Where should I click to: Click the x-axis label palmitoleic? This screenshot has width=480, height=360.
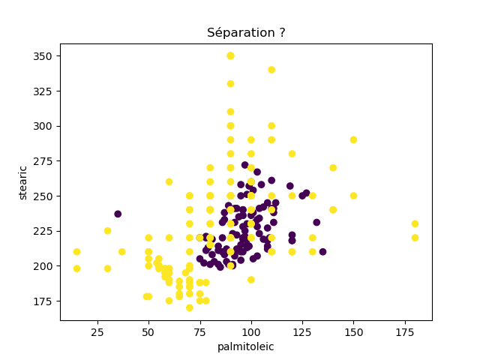(246, 346)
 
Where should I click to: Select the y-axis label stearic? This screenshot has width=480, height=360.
(23, 182)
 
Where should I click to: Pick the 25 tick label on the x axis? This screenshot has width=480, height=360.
(97, 331)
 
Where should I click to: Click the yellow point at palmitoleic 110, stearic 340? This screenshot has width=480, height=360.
(271, 70)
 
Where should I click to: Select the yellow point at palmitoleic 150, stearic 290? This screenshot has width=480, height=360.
(353, 139)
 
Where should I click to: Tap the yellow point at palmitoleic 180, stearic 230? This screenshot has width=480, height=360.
(415, 223)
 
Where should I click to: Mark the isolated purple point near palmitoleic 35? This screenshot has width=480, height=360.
(118, 214)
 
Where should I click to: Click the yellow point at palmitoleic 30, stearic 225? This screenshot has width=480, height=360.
(107, 231)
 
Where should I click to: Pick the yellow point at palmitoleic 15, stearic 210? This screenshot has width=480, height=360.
(76, 252)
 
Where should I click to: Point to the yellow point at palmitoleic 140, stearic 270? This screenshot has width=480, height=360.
(333, 168)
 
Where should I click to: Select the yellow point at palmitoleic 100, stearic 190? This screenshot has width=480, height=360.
(251, 280)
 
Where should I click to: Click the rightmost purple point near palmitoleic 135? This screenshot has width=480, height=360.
(322, 252)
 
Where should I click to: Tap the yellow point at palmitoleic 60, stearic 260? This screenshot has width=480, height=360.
(169, 181)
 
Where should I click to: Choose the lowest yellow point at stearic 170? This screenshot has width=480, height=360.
(190, 307)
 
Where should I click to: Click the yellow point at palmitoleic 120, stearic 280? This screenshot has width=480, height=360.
(292, 154)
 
